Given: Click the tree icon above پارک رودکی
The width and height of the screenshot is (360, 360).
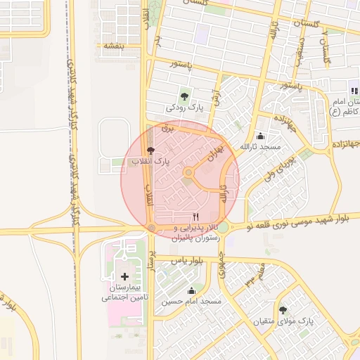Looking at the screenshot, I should coord(185,96).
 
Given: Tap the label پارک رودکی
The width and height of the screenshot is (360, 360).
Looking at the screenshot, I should coord(184,108).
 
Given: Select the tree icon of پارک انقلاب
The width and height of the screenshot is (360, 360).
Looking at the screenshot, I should coord(150,151).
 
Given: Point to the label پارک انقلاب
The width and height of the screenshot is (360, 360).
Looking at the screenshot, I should coord(150,162).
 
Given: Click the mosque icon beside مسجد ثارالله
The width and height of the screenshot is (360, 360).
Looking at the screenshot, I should coord(262,136).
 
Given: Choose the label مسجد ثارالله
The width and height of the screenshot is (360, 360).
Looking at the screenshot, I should coord(260,148).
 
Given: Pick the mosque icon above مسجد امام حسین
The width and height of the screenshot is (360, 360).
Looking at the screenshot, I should coord(191,290).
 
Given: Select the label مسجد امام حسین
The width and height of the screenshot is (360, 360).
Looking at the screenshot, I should coord(191,302).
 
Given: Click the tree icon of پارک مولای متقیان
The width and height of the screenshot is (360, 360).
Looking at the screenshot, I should coord(283,310).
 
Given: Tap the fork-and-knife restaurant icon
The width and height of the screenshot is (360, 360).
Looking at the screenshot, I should coord(195,217).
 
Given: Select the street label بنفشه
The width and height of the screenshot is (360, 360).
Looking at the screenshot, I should coord(113,46).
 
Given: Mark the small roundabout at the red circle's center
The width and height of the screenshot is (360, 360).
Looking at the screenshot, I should coord(188,172).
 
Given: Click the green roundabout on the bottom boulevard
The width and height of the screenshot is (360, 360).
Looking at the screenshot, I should coord(223,227).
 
